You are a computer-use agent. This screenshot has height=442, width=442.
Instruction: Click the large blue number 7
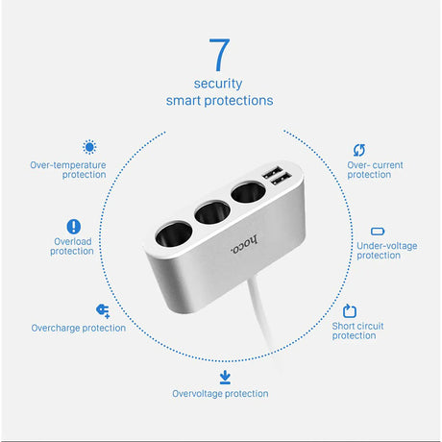click(220, 55)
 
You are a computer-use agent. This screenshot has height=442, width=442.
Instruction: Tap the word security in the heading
click(218, 84)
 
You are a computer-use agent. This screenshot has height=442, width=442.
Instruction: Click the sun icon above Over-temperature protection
click(89, 147)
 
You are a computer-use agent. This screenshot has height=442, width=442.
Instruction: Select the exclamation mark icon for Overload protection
click(74, 227)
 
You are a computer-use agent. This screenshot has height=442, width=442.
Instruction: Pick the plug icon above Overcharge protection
click(103, 310)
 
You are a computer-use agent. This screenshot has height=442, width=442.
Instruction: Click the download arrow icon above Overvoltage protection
click(225, 377)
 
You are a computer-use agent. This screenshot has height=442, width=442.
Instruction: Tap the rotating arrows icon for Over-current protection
click(359, 150)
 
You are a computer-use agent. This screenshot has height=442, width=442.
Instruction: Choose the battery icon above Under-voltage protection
click(378, 232)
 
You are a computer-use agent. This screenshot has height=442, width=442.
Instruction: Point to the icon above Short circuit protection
click(350, 311)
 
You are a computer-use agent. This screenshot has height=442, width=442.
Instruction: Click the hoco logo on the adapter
click(244, 245)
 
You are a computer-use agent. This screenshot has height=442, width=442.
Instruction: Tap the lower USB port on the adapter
click(281, 179)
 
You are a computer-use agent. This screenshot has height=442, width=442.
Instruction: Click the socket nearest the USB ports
click(248, 192)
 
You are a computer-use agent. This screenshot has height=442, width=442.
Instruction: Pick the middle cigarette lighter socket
click(212, 211)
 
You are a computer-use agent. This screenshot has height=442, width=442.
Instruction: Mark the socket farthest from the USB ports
click(174, 234)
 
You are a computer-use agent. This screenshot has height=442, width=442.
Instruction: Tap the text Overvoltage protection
click(220, 394)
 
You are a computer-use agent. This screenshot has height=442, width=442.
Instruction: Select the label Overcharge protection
click(79, 328)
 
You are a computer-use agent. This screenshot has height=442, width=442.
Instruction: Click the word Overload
click(73, 241)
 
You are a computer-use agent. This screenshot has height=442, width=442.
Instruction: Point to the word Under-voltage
click(387, 246)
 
